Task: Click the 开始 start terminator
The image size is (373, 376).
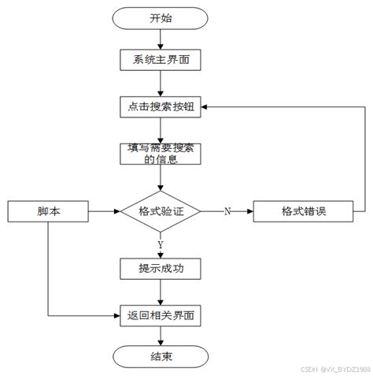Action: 161,17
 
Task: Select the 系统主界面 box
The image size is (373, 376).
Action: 161,59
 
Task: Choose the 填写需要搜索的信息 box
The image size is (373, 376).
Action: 161,153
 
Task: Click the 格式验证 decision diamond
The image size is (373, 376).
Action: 161,211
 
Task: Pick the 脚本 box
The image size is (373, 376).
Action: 48,211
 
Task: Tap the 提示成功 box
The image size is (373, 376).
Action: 161,269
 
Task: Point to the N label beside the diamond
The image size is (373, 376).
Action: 227,211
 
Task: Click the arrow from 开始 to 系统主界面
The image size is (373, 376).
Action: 161,39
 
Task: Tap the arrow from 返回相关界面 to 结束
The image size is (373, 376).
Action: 161,337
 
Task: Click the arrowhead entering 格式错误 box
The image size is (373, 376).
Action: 249,211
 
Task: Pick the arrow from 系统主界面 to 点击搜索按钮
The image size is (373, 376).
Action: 161,84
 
